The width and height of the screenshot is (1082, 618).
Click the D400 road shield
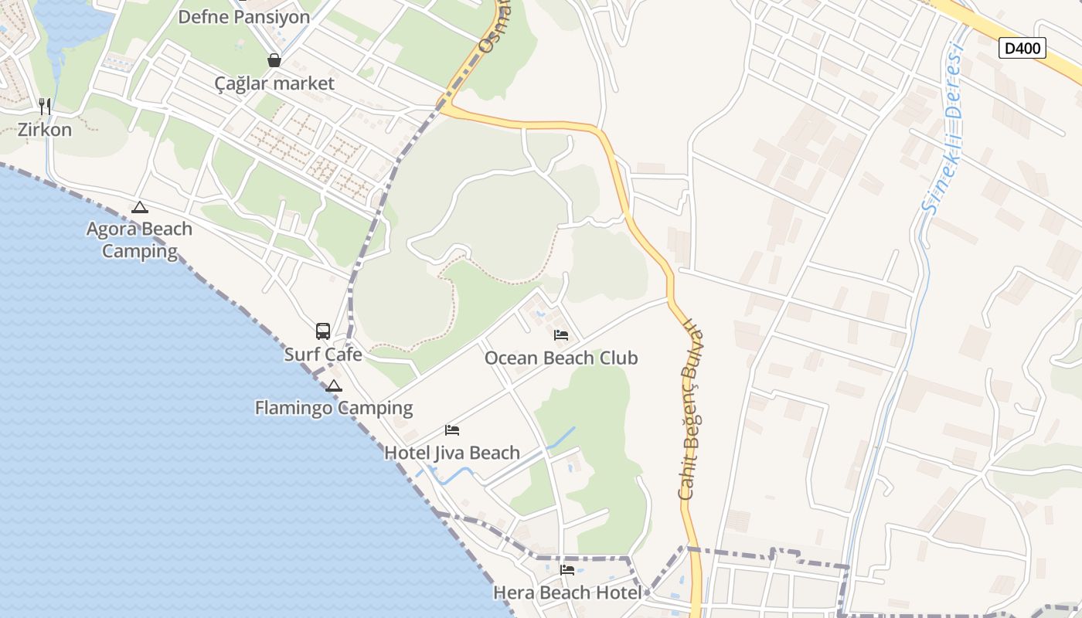point(1022,48)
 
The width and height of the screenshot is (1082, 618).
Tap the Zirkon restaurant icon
point(45,107)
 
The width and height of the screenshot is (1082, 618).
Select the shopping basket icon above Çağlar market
point(274,60)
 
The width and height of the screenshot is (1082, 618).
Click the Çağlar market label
point(274,83)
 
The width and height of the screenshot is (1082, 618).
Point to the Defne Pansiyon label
point(243,17)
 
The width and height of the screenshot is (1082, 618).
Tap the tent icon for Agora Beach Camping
point(139,207)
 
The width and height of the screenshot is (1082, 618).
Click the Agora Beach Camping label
point(140,239)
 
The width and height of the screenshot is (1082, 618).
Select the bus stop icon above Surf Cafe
point(323,331)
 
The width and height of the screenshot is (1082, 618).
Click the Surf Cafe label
point(323,355)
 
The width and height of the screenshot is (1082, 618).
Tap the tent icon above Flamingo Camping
point(334,385)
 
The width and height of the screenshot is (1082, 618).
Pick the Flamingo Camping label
point(334,407)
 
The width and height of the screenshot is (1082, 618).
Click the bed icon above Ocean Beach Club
point(561,335)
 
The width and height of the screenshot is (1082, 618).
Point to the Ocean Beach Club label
point(561,358)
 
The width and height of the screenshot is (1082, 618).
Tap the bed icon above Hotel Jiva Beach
point(452,430)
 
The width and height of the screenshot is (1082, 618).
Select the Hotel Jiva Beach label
point(452,453)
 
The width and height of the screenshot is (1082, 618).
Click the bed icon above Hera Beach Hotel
point(567,570)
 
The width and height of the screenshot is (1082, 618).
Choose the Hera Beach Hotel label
point(567,593)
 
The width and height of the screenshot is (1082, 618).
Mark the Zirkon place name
point(45,129)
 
